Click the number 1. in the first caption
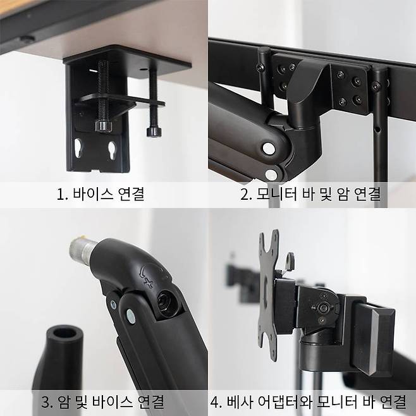tap(62, 194)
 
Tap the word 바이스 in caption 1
tap(92, 194)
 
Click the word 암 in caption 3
tap(63, 401)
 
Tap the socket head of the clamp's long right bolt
tap(152, 132)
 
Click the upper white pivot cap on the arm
tap(268, 149)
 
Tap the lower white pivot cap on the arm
tap(272, 174)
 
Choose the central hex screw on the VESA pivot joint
tap(325, 308)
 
